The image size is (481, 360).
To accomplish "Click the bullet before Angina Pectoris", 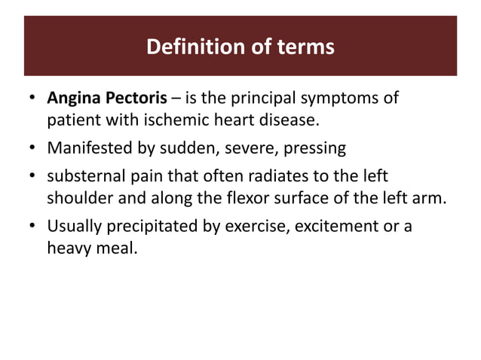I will (33, 99).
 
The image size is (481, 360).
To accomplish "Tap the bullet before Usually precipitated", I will (33, 226).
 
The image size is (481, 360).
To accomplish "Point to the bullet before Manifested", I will (33, 148).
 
